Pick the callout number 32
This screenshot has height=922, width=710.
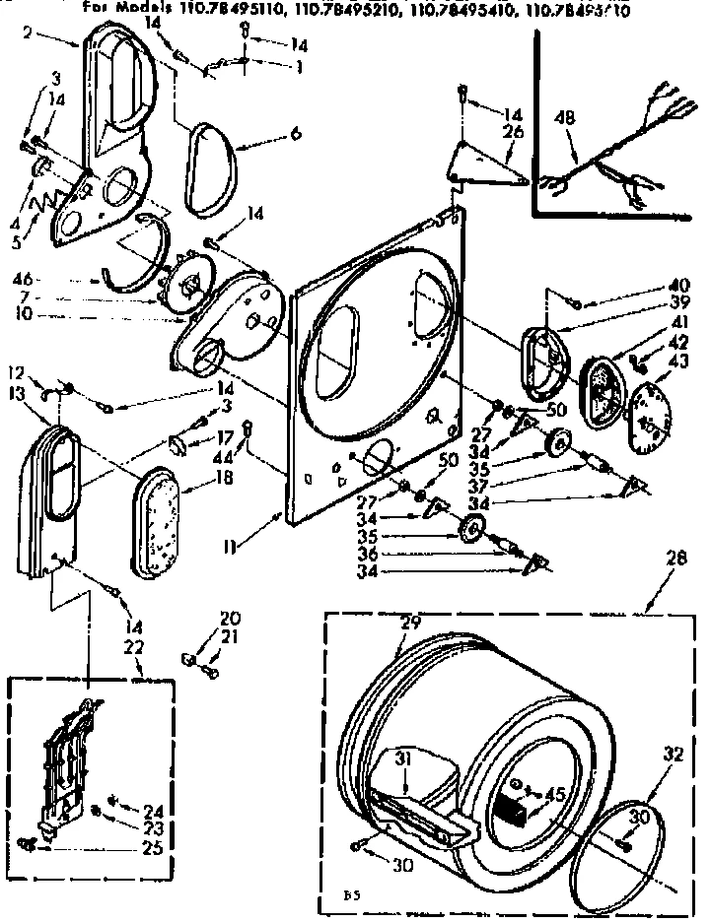point(674,756)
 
